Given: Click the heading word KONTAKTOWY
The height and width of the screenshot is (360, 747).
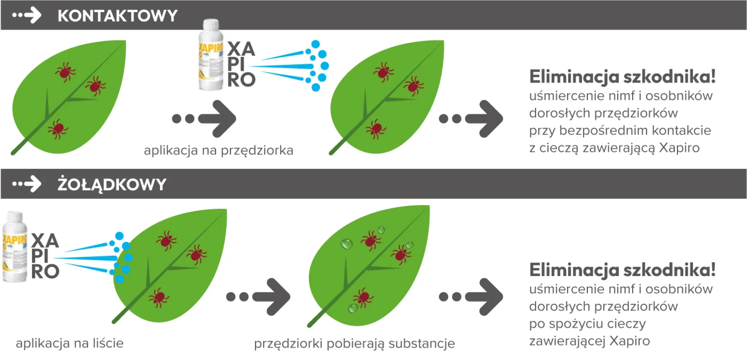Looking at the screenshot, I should pyautogui.click(x=117, y=16).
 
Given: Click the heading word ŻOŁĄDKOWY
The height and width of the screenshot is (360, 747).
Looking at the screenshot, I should pyautogui.click(x=112, y=184).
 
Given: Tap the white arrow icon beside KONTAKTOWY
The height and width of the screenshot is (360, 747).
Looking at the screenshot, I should pyautogui.click(x=27, y=15).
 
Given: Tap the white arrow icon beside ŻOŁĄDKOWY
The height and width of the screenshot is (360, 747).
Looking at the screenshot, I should pyautogui.click(x=27, y=184).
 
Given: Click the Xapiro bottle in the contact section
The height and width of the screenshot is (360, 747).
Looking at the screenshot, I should pyautogui.click(x=210, y=55).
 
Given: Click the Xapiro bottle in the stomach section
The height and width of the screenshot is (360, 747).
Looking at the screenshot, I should pyautogui.click(x=15, y=247).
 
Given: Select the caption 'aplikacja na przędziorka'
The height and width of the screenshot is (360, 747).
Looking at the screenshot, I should pyautogui.click(x=219, y=150).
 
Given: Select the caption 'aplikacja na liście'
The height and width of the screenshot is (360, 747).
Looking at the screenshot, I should pyautogui.click(x=70, y=343).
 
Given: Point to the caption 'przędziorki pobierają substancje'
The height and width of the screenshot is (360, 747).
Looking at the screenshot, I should pyautogui.click(x=354, y=344).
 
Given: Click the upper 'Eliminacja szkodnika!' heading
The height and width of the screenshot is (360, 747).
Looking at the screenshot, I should pyautogui.click(x=622, y=76).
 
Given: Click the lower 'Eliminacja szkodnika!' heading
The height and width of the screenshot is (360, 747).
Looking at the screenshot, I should pyautogui.click(x=622, y=270).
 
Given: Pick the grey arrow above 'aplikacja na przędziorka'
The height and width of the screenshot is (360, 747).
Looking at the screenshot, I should pyautogui.click(x=204, y=118).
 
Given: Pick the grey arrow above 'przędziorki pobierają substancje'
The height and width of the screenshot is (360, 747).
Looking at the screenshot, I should pyautogui.click(x=258, y=297).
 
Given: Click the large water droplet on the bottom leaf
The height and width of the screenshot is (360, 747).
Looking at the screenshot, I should pyautogui.click(x=346, y=244).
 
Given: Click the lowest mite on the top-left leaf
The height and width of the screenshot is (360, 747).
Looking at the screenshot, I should pyautogui.click(x=58, y=128).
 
